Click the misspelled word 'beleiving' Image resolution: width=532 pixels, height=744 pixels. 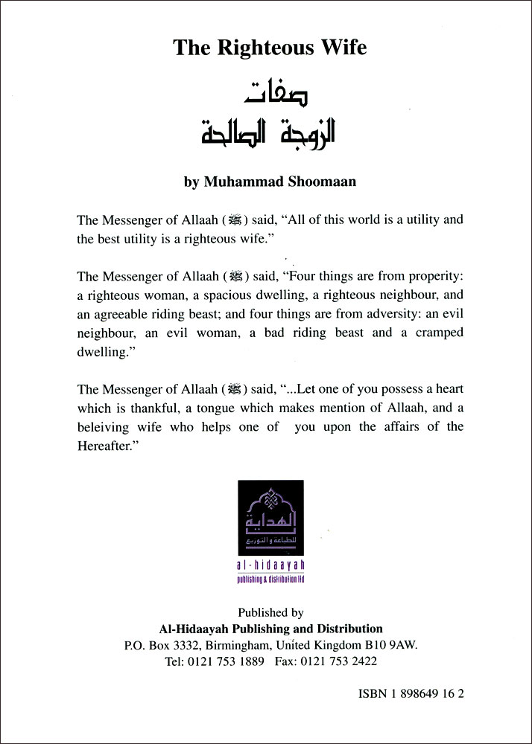click(103, 427)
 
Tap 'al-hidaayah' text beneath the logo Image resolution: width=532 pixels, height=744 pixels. click(270, 568)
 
